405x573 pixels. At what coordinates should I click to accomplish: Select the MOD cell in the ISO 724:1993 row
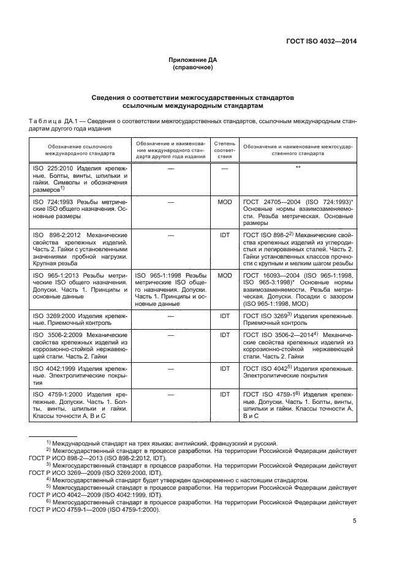tap(224, 201)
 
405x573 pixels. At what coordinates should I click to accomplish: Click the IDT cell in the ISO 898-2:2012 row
tap(224, 235)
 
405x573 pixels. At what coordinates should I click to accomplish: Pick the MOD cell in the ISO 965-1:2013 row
tap(224, 275)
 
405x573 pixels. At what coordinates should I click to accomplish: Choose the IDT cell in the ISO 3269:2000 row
tap(224, 315)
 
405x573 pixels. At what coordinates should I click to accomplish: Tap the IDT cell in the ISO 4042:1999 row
tap(224, 368)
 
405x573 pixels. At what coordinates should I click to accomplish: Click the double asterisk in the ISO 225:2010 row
tap(297, 167)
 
